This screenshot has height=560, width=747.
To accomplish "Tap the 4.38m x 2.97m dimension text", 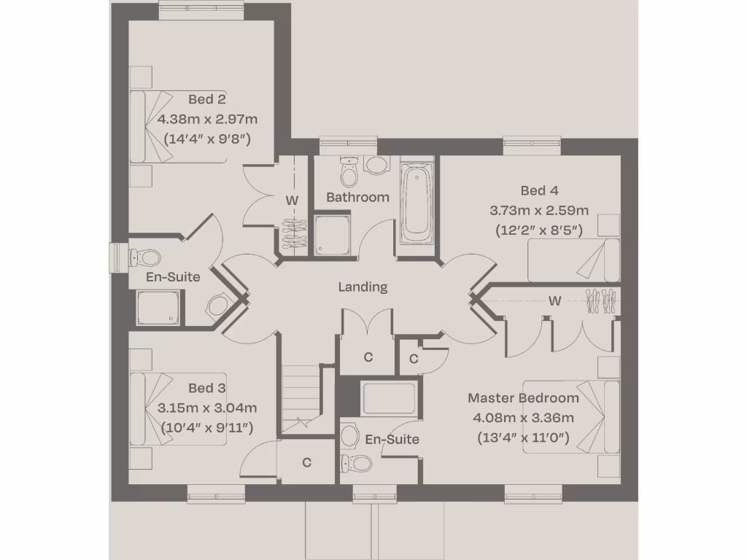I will (208, 119).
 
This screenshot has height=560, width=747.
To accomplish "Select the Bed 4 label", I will (539, 191).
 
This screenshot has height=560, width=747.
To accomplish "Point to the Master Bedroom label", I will (523, 398).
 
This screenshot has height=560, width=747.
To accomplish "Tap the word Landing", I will (363, 287).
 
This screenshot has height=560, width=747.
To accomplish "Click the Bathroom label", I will (357, 197).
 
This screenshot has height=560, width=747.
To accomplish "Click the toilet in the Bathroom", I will (349, 172).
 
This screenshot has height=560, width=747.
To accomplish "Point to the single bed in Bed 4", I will (573, 260).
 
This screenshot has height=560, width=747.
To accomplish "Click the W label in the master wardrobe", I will (554, 300).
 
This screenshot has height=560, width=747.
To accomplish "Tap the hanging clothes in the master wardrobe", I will (601, 301).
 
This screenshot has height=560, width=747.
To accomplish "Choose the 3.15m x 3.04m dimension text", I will (207, 408).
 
